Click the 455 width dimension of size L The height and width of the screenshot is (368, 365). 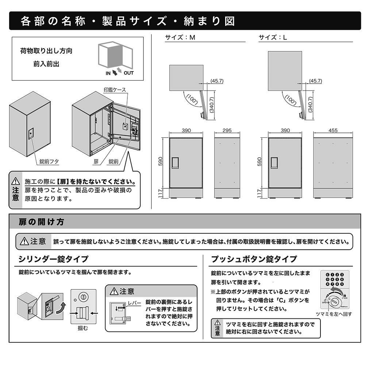click(333, 131)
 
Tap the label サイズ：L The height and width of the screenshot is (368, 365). click(273, 37)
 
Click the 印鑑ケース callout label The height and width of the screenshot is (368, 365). click(115, 89)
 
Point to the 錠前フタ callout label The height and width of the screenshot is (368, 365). click(49, 161)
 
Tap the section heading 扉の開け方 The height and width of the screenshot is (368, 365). click(42, 222)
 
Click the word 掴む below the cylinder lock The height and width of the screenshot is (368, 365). click(83, 328)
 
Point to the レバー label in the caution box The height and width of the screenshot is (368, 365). click(134, 303)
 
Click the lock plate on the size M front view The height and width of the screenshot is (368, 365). click(176, 162)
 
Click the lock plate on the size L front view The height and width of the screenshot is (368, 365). click(275, 162)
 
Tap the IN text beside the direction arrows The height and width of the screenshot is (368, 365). click(108, 73)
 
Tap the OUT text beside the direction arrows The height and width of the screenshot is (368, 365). click(128, 73)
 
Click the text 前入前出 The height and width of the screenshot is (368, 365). click(46, 64)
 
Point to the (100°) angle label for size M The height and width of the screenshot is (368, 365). click(192, 100)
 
